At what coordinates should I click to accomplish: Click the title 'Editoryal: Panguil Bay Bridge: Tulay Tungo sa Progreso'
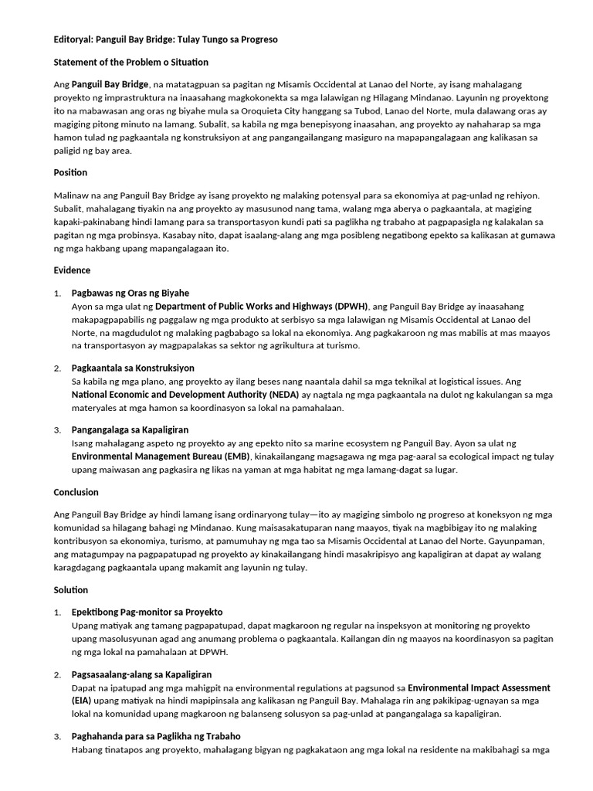(x=165, y=39)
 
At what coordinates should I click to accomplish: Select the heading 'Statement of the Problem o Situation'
(x=130, y=62)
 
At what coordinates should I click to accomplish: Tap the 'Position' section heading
(x=70, y=172)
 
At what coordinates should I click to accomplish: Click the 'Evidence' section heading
(x=72, y=270)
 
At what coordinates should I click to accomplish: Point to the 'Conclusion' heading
(x=76, y=492)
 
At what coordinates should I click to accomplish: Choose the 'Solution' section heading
(x=71, y=590)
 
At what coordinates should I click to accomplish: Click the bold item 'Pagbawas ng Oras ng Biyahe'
(x=130, y=294)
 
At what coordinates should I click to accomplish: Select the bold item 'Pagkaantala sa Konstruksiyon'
(x=133, y=368)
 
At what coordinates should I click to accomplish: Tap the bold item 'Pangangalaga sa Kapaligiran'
(x=130, y=429)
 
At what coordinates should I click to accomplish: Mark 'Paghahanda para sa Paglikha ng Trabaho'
(x=154, y=735)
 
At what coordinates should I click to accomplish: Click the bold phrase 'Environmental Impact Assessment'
(x=479, y=687)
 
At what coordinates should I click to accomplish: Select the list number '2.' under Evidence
(x=57, y=368)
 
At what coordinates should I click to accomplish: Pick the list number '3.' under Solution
(x=57, y=735)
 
